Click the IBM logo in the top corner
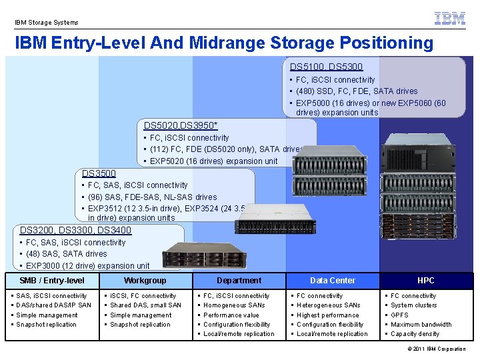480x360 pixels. [x=450, y=18]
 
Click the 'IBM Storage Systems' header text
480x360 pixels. [x=47, y=23]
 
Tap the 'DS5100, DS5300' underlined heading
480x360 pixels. [x=326, y=67]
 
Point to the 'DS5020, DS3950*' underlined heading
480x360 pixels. [x=181, y=125]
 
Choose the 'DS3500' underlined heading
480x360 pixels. [x=99, y=173]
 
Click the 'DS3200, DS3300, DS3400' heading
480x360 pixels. [x=75, y=230]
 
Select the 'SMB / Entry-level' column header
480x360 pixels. [x=52, y=281]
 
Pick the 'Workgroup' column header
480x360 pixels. [x=145, y=281]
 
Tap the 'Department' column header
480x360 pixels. [x=239, y=281]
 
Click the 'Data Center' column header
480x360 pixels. [x=333, y=281]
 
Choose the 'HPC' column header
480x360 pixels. [x=426, y=281]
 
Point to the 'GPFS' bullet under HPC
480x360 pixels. [x=399, y=315]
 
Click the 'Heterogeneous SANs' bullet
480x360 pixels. [x=329, y=305]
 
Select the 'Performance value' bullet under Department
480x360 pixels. [x=231, y=315]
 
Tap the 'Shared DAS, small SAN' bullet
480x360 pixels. [x=146, y=305]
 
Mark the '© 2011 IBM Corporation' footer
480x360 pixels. [x=437, y=349]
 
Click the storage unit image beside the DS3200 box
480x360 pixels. [x=205, y=255]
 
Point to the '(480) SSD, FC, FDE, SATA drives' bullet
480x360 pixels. [x=357, y=91]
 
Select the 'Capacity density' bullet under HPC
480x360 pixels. [x=415, y=334]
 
